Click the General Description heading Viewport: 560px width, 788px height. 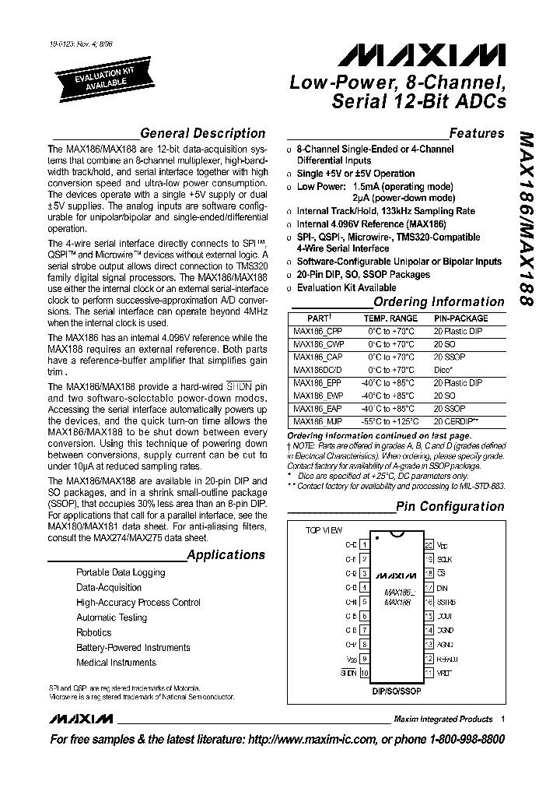click(202, 133)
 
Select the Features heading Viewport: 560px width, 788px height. click(477, 133)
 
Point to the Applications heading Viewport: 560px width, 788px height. click(226, 555)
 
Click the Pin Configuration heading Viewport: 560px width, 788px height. click(450, 506)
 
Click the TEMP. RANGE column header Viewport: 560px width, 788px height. click(390, 318)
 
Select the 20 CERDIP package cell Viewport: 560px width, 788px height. click(457, 420)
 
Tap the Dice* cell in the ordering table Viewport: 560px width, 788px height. click(444, 369)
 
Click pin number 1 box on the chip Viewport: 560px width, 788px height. click(364, 545)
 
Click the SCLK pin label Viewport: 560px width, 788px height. click(444, 559)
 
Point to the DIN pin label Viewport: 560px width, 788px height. click(442, 588)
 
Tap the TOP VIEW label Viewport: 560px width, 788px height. click(324, 530)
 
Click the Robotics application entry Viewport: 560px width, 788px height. click(94, 632)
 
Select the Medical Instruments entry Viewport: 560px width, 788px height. click(116, 663)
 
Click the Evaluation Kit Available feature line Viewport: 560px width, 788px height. click(346, 288)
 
